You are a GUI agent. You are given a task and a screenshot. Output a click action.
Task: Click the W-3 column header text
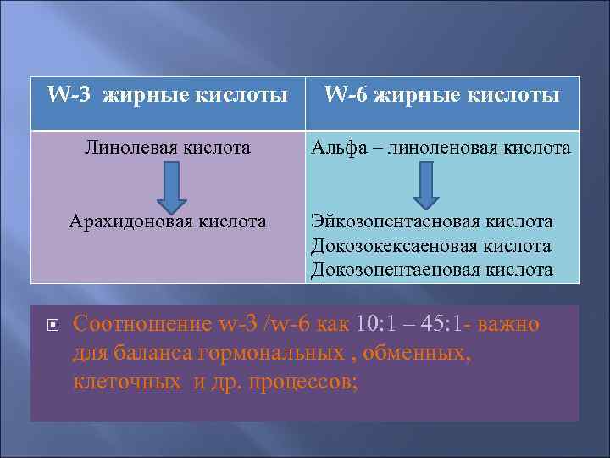(167, 95)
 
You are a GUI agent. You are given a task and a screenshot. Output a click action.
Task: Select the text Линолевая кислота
(168, 148)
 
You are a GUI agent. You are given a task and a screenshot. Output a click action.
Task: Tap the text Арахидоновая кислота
(167, 221)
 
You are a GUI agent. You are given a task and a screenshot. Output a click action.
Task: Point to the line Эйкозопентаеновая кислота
(432, 221)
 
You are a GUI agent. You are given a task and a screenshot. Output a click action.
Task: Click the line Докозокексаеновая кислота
(431, 246)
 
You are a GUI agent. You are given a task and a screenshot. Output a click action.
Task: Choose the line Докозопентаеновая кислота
(432, 270)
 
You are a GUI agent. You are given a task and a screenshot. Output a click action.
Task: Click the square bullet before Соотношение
(50, 325)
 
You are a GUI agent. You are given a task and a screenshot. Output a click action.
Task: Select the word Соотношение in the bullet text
(143, 324)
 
